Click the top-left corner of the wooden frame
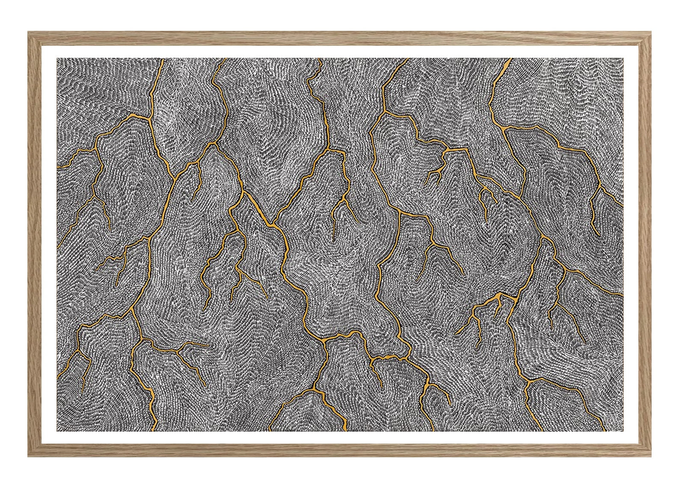point(29,33)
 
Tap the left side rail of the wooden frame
point(35,244)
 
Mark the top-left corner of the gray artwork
point(57,58)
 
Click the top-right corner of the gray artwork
point(623,58)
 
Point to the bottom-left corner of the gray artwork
point(57,431)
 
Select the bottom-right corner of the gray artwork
point(623,431)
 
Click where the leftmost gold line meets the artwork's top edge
point(163,59)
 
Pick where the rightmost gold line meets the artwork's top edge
point(511,59)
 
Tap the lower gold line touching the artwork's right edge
point(622,295)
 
